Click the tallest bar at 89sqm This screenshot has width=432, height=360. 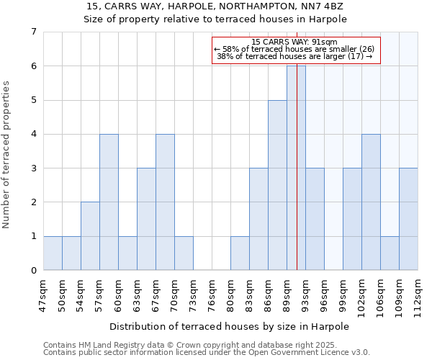click(296, 168)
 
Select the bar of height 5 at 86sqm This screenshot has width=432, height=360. click(277, 185)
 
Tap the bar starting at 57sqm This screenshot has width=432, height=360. click(109, 202)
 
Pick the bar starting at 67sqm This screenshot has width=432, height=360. click(165, 202)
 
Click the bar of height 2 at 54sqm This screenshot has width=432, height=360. click(90, 236)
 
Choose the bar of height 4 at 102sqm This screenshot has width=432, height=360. click(371, 202)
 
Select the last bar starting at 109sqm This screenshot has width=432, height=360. click(408, 219)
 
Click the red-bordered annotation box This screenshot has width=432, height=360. click(295, 50)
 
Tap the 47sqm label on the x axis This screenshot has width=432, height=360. click(43, 295)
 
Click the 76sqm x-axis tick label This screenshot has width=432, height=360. click(212, 295)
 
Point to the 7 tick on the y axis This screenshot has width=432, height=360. click(33, 32)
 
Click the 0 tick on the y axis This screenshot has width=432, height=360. click(33, 271)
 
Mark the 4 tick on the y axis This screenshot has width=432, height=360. click(33, 134)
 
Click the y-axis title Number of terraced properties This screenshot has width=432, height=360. click(7, 154)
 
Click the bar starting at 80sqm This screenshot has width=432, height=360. click(240, 253)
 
